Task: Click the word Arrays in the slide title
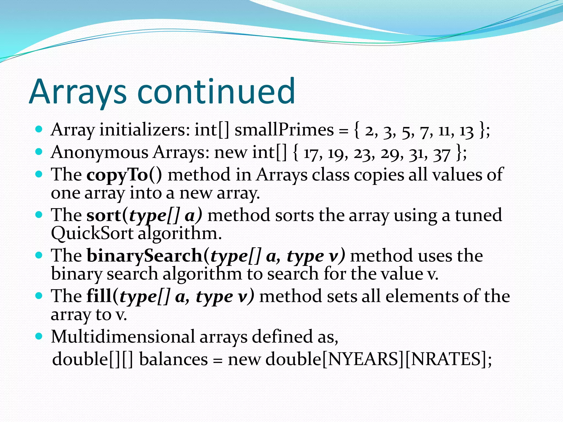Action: click(x=78, y=92)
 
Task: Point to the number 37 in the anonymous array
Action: click(x=442, y=154)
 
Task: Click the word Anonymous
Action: click(x=100, y=153)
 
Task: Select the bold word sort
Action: click(x=103, y=215)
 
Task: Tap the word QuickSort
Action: click(x=92, y=234)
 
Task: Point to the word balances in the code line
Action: click(x=173, y=359)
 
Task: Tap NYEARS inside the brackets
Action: click(x=363, y=359)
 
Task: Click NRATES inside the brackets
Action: click(x=445, y=359)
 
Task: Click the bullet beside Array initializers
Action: click(x=39, y=129)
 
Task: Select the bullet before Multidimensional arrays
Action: click(x=39, y=336)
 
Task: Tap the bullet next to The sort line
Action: click(x=39, y=214)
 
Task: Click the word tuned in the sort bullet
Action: click(x=478, y=215)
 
